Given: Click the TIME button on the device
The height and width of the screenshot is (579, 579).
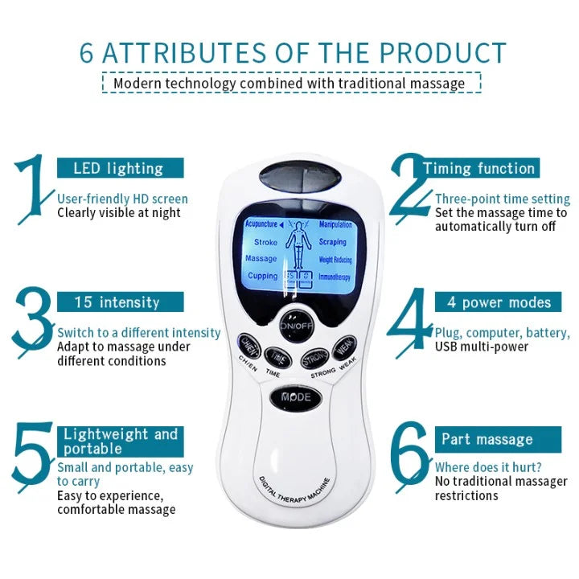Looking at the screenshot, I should point(278,355).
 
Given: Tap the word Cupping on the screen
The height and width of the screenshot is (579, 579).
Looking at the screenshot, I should point(262,276).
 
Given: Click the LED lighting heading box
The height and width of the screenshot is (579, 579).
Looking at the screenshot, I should point(119,168).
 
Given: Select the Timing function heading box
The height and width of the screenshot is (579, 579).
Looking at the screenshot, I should point(479,168).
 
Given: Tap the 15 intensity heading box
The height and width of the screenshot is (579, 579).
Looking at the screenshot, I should point(119,302).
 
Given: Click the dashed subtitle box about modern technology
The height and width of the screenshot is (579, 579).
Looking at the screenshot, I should point(290,83).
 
